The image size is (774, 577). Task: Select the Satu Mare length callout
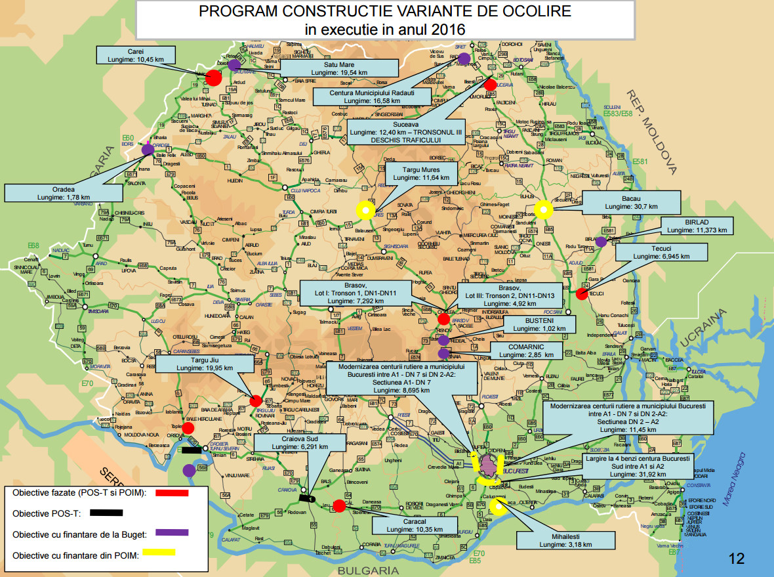pyautogui.click(x=338, y=69)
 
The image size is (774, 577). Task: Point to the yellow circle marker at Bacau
pyautogui.click(x=543, y=210)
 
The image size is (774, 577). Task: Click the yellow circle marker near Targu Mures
pyautogui.click(x=365, y=210)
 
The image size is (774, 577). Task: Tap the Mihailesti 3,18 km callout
pyautogui.click(x=565, y=540)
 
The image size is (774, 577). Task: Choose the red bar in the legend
pyautogui.click(x=170, y=492)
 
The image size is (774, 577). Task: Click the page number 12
pyautogui.click(x=737, y=559)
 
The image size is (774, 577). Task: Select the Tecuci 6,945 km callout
pyautogui.click(x=661, y=253)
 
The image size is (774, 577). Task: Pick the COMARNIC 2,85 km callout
pyautogui.click(x=526, y=350)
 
